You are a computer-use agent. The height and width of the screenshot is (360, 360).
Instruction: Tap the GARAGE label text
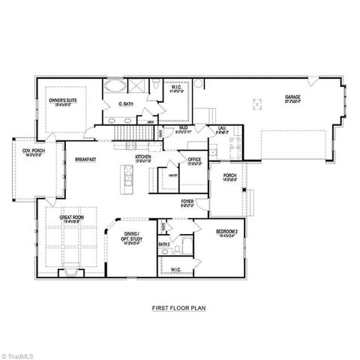click(x=293, y=97)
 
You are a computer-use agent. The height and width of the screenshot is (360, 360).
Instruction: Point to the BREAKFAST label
click(x=85, y=159)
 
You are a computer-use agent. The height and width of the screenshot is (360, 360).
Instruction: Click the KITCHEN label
click(x=143, y=157)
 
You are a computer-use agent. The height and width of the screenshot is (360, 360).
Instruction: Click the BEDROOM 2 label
click(x=226, y=232)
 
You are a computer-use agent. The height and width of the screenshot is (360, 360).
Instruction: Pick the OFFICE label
click(x=194, y=160)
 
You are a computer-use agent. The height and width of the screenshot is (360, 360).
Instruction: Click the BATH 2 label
click(x=164, y=244)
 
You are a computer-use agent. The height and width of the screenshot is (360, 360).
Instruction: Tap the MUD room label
click(x=183, y=129)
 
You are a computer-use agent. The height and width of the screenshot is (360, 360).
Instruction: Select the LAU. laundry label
click(x=222, y=129)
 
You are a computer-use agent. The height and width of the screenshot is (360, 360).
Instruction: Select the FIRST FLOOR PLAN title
click(x=178, y=307)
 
